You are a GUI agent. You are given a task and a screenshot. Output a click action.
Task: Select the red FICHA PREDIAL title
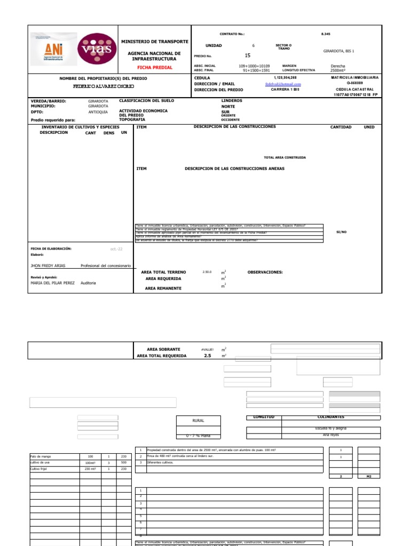[x=155, y=68]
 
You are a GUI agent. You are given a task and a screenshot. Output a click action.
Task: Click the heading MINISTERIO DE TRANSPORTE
[x=155, y=42]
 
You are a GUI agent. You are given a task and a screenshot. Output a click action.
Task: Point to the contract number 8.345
[x=326, y=34]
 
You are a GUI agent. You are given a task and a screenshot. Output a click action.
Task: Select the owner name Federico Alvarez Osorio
[x=104, y=86]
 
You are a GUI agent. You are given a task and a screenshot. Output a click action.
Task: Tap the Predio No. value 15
[x=247, y=55]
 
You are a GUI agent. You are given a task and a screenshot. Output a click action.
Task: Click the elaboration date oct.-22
[x=116, y=248]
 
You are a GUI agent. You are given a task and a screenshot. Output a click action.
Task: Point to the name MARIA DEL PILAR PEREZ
[x=52, y=283]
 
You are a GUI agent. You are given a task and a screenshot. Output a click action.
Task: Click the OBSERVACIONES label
[x=265, y=272]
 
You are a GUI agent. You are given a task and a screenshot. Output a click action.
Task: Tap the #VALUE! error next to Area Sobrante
[x=207, y=349]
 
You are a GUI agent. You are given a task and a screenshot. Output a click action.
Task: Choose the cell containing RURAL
[x=198, y=421]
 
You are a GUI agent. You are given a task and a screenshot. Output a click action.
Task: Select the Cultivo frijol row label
[x=41, y=469]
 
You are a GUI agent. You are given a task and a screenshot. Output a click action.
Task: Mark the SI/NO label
[x=341, y=232]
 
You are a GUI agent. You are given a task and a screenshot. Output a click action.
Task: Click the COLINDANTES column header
[x=330, y=417]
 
